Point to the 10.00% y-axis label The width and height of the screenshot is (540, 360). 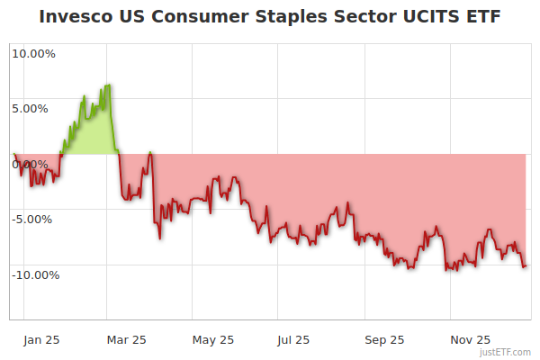tap(33, 53)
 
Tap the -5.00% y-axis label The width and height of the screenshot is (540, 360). tap(33, 219)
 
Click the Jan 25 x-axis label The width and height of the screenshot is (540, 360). tap(42, 339)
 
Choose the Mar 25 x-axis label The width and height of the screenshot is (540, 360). tap(127, 339)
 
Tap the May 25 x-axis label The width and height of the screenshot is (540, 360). tap(213, 339)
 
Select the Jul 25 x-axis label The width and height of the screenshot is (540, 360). tap(294, 339)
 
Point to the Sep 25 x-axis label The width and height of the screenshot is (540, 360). tap(384, 339)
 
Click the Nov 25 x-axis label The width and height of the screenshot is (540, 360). tap(471, 339)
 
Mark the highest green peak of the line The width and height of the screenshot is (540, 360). tap(109, 85)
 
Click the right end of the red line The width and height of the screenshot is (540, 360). tap(526, 265)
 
